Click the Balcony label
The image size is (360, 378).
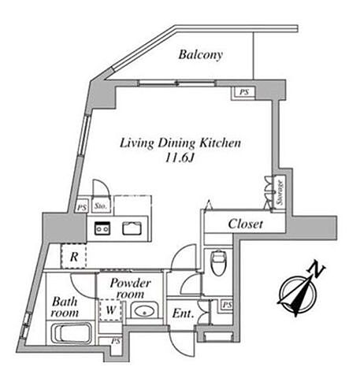201,55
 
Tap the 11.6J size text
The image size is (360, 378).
180,157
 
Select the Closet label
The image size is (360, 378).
245,224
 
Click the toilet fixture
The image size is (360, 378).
219,262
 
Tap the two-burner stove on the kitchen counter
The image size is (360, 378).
102,228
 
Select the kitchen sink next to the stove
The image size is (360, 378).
132,228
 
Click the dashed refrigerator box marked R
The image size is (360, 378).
73,256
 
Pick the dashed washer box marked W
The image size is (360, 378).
110,310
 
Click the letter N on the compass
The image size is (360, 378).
317,269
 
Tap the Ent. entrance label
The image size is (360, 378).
183,313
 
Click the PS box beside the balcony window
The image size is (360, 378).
244,93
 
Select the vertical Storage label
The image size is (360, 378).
280,192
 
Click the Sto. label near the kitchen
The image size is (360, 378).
101,206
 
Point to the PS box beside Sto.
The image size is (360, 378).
82,207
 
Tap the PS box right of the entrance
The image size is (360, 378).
227,305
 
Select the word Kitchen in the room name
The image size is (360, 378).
220,143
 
